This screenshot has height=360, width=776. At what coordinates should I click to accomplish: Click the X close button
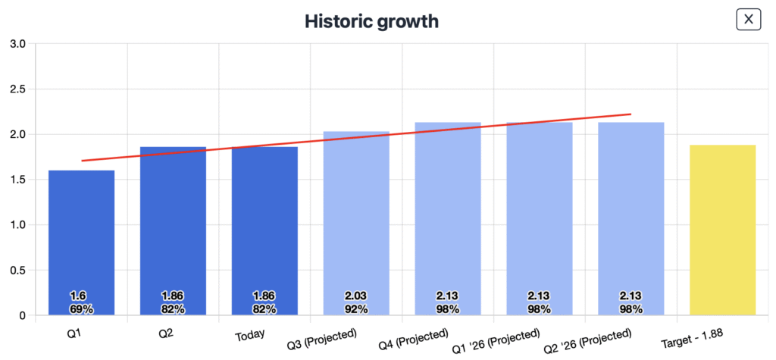point(748,20)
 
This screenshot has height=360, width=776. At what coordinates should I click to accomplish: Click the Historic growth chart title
point(371,20)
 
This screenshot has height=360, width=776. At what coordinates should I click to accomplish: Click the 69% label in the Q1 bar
point(81,308)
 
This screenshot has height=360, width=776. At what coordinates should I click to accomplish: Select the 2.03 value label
point(356,296)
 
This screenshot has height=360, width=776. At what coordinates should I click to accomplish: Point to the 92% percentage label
point(356,308)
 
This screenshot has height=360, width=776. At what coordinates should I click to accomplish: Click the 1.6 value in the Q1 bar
point(78,296)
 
